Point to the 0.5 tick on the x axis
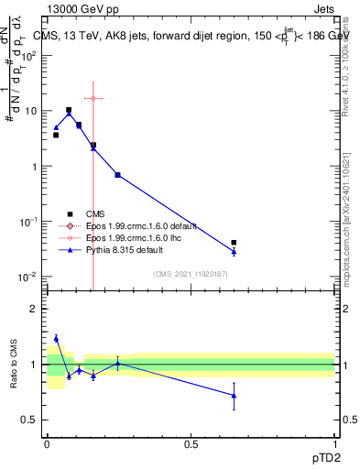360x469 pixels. pos(191,444)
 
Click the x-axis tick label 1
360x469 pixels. pos(333,444)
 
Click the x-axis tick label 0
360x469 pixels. pos(47,444)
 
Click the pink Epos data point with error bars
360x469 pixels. pos(93,98)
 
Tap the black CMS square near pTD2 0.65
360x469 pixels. pos(235,243)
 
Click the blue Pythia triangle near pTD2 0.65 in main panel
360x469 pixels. pos(235,251)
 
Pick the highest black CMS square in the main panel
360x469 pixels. pos(69,110)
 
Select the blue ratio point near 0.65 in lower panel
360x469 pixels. pos(235,396)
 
